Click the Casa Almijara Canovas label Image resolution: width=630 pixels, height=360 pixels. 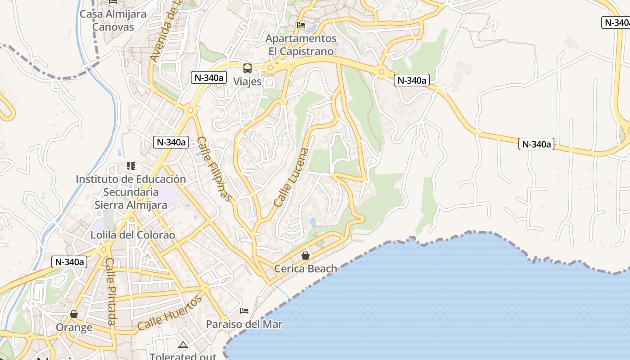pyautogui.click(x=113, y=21)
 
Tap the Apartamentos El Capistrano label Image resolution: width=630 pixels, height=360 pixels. pyautogui.click(x=301, y=45)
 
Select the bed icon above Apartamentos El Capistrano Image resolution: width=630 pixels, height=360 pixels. pyautogui.click(x=301, y=25)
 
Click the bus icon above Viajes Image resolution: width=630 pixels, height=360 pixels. pyautogui.click(x=247, y=68)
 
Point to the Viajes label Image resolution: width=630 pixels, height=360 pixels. pyautogui.click(x=247, y=81)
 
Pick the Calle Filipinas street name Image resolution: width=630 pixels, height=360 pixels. pyautogui.click(x=215, y=169)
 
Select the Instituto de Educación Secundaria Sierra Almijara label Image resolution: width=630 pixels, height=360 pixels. pyautogui.click(x=130, y=192)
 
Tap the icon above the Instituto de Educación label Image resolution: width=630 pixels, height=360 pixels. pyautogui.click(x=131, y=166)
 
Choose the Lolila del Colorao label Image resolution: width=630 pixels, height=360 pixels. pyautogui.click(x=133, y=235)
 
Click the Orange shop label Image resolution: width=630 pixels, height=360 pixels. pyautogui.click(x=74, y=327)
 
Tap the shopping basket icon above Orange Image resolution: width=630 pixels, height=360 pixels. pyautogui.click(x=74, y=314)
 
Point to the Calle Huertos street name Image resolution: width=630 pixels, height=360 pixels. pyautogui.click(x=169, y=313)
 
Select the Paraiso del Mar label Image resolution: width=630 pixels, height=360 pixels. pyautogui.click(x=244, y=324)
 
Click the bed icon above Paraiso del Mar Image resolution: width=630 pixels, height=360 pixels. pyautogui.click(x=244, y=311)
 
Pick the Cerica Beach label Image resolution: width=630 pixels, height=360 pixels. pyautogui.click(x=306, y=269)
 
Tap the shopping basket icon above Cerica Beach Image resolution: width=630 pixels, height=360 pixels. pyautogui.click(x=306, y=256)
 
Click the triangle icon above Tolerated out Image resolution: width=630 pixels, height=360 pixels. pyautogui.click(x=183, y=345)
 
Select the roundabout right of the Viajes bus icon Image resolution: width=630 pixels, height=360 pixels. pyautogui.click(x=270, y=68)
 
